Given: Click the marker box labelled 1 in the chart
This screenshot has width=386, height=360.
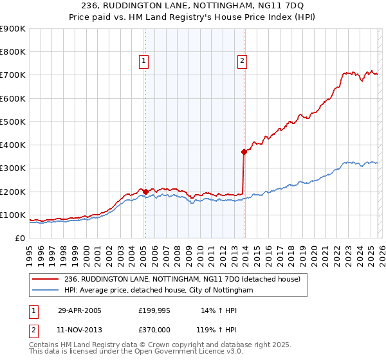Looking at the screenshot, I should [x=143, y=62].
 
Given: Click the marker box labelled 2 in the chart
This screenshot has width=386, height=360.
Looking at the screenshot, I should [x=242, y=62].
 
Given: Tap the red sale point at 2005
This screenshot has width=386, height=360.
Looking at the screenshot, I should [x=145, y=192].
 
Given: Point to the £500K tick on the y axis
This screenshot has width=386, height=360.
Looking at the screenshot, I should [x=13, y=122].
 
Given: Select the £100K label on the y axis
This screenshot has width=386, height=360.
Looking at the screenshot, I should [x=13, y=215].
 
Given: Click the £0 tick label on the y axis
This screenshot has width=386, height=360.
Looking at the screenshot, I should [x=19, y=238].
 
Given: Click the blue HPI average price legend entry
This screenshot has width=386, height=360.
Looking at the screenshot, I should [x=159, y=291].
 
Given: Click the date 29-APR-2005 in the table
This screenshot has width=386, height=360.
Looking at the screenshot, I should [x=80, y=310].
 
